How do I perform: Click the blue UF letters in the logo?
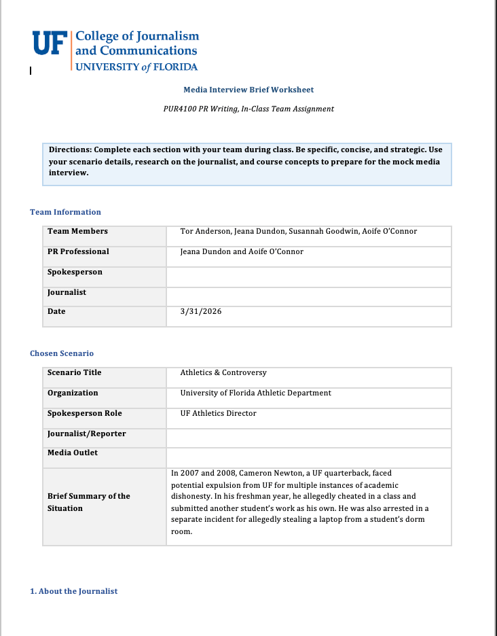click(49, 43)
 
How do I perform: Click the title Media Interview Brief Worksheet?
click(248, 90)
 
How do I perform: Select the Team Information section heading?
click(65, 212)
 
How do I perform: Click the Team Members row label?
click(77, 231)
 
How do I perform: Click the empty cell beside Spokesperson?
click(308, 272)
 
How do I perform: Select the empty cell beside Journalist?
click(308, 293)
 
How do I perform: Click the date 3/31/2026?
click(201, 312)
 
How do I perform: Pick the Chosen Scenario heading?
click(62, 353)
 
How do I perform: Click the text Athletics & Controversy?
click(223, 372)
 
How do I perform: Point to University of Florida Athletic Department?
click(255, 393)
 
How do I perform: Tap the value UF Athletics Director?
click(218, 413)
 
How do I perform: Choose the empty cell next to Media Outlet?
click(308, 453)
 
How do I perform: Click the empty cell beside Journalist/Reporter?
click(308, 434)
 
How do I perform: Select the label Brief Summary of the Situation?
click(88, 502)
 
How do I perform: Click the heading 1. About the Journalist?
click(73, 591)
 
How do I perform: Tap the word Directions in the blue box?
click(70, 149)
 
